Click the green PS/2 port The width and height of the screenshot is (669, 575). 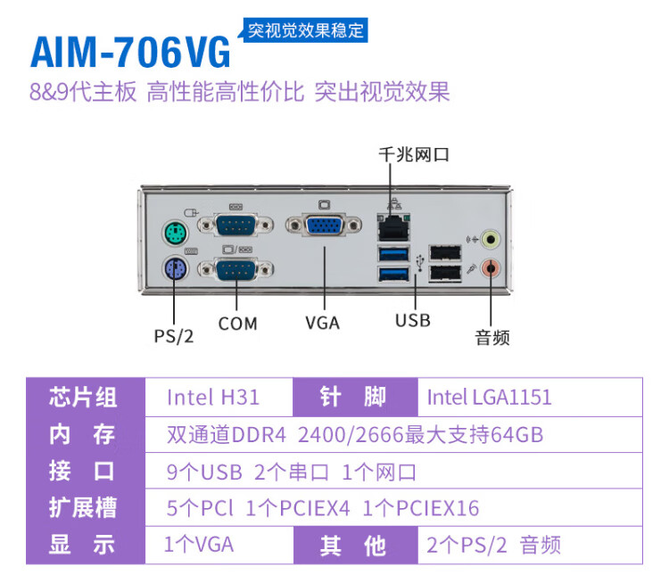coord(176,234)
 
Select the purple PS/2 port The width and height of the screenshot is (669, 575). coord(176,269)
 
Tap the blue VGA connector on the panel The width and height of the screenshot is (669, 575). coord(324,226)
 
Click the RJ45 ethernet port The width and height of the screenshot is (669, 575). coord(393,227)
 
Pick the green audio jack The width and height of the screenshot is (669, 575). coord(491,239)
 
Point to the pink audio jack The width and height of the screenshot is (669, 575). coord(491,268)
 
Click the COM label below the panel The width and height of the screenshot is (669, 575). coord(237,324)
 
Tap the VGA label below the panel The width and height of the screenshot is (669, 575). coord(323,323)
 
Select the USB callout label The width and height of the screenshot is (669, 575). coord(413,320)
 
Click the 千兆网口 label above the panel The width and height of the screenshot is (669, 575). coord(414,155)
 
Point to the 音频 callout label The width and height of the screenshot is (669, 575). coord(492,337)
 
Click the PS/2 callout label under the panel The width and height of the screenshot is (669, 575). coord(174,336)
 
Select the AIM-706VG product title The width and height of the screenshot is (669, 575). coord(130,53)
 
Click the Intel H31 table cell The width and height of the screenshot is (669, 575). coord(213,397)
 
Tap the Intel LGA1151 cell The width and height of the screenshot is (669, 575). coord(490,397)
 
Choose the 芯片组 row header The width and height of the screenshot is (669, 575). coord(83,397)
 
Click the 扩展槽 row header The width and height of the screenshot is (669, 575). coord(83,507)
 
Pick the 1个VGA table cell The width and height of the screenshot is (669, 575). coord(199,545)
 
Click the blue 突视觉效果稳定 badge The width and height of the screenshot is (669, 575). coord(305,30)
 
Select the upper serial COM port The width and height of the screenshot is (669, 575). coord(235,225)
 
